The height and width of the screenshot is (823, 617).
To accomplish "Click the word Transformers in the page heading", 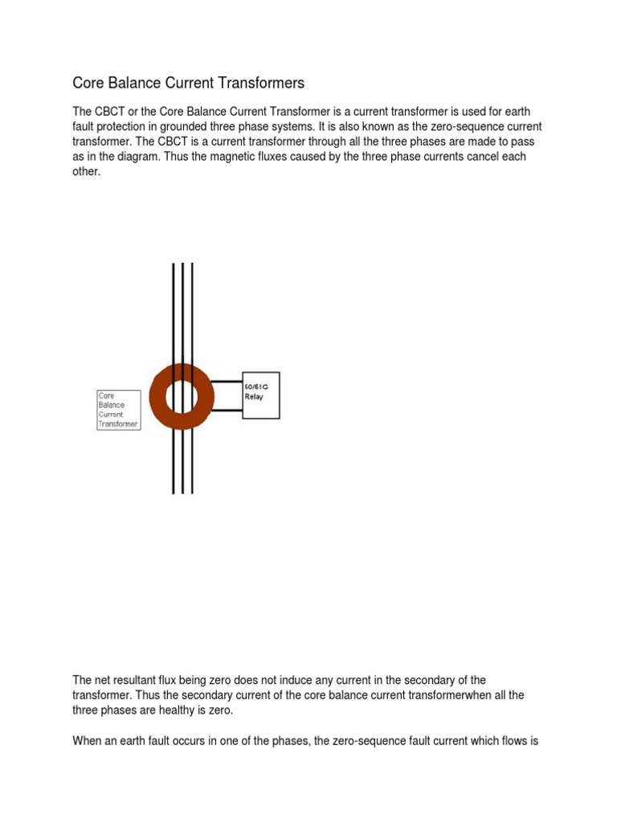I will (259, 83).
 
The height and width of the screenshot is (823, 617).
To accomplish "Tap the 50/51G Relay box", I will (261, 396).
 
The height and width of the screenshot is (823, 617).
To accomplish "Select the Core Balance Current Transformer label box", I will (119, 410).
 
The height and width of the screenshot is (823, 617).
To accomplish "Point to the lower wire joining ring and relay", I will (228, 411).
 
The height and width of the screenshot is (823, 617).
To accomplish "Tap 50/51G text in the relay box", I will (259, 387).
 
